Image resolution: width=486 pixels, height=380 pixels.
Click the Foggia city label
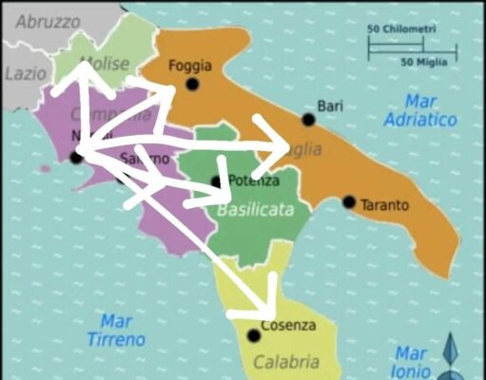coord(189,66)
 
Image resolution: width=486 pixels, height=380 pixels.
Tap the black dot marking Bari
coord(308,120)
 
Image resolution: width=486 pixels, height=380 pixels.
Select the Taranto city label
coord(384,204)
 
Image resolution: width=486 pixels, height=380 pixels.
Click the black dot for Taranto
coord(349,202)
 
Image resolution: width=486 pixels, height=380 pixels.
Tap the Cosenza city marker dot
coord(253,335)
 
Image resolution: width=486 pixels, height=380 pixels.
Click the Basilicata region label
coord(255,209)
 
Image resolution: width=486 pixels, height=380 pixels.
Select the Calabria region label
coord(286,361)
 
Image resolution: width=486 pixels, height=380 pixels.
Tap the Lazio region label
coord(24,72)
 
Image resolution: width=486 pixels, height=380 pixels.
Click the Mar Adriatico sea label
coord(420,109)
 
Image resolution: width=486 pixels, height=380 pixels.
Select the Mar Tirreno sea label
coord(116,330)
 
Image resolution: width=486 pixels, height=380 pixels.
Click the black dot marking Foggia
coord(192,84)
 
